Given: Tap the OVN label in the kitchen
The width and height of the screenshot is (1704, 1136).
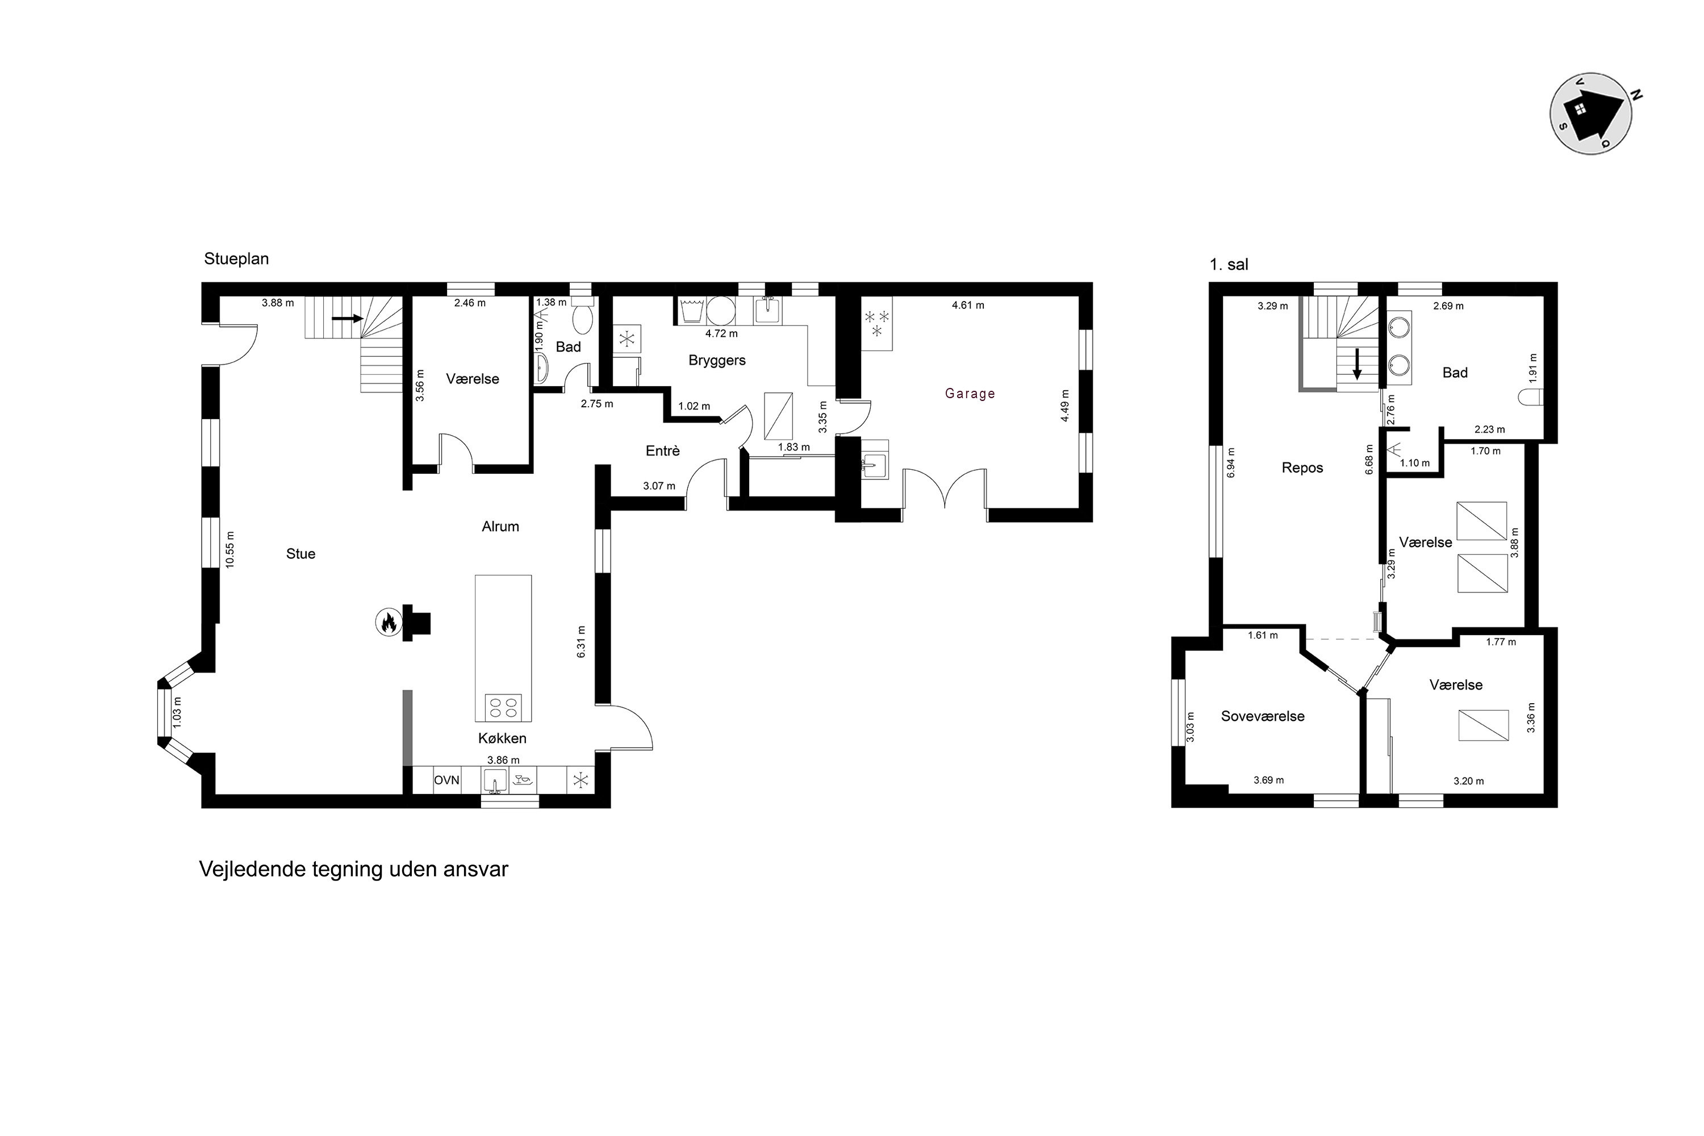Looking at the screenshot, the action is (446, 780).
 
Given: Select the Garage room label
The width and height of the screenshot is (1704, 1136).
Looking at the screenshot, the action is (970, 394).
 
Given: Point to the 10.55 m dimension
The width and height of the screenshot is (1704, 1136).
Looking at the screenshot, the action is (229, 550).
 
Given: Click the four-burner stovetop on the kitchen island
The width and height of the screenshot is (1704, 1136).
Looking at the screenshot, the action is (503, 707).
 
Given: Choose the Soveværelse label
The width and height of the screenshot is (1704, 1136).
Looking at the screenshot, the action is (1263, 716).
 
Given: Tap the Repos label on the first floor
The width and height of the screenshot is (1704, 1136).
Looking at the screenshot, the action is (1302, 468).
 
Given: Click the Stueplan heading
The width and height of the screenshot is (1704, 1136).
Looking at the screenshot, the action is (236, 258).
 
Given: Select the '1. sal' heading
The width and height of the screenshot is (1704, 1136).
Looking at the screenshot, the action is (1229, 265).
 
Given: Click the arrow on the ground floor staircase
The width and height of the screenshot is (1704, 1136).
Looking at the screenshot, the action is (348, 318).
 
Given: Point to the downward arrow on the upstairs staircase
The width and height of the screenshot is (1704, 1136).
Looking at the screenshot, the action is (1357, 365).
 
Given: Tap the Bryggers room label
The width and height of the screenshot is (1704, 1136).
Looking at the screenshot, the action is (716, 360).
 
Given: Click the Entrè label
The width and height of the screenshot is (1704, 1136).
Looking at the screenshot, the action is (662, 450).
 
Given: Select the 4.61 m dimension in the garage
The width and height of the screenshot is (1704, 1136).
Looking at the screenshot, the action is (968, 305).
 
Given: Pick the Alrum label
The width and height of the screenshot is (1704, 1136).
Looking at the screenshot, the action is (500, 527).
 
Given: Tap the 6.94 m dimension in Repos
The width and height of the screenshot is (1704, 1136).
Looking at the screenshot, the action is (1230, 461).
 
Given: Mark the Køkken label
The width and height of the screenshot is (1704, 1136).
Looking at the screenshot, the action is (502, 738).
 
